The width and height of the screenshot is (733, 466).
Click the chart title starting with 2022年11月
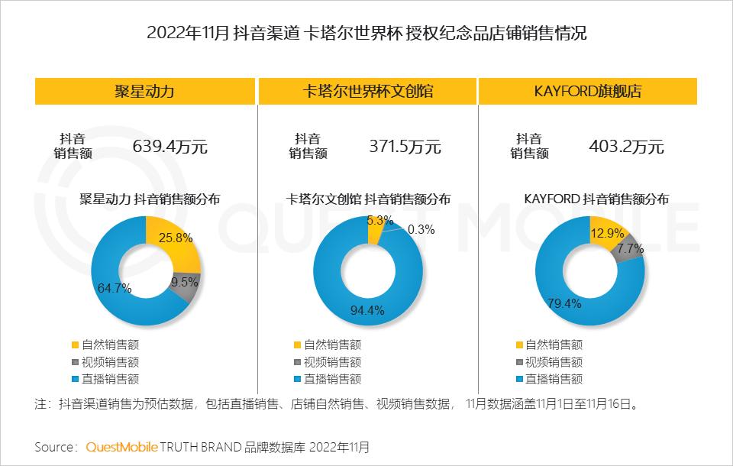tap(366, 33)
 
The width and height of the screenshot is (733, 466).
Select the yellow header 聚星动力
tap(145, 92)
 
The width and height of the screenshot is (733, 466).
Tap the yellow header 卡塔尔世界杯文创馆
tap(366, 92)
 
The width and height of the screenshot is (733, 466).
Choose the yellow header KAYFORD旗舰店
tap(588, 92)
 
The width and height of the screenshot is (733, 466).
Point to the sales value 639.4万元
tap(170, 147)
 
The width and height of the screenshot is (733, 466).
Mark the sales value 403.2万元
tap(626, 147)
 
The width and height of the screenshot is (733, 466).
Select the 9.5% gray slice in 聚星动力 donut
tap(186, 284)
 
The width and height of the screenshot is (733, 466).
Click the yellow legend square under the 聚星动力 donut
tap(74, 345)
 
